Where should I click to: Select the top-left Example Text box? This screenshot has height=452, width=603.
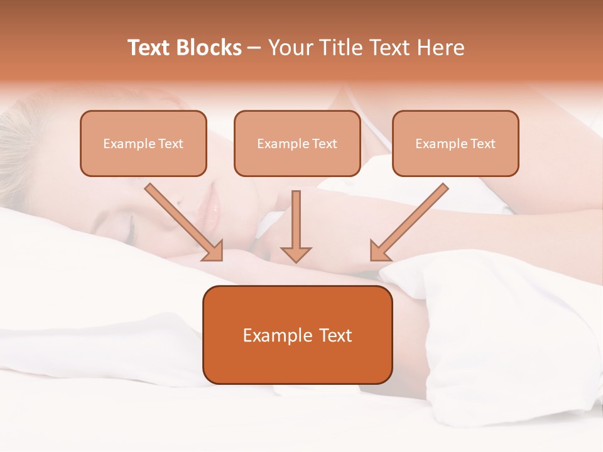click(x=143, y=143)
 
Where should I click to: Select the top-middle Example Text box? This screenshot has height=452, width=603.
click(x=297, y=143)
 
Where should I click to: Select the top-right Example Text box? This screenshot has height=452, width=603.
click(x=455, y=143)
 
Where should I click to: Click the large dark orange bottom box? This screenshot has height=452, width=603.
click(x=297, y=335)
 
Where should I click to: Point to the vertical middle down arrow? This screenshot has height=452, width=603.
click(x=296, y=220)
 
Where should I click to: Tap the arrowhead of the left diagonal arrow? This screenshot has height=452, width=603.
click(x=214, y=251)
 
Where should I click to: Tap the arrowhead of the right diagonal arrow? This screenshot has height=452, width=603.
click(x=379, y=251)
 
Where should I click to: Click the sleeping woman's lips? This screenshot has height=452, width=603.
click(x=212, y=204)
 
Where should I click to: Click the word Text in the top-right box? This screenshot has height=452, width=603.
click(x=483, y=143)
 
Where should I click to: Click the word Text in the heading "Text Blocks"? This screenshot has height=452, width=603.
click(x=149, y=48)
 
